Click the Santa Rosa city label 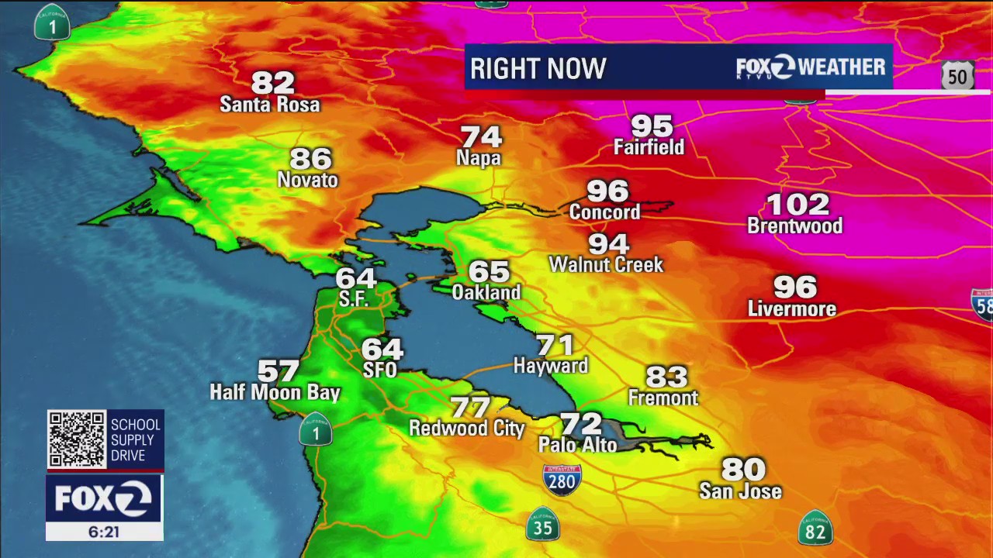(x=269, y=105)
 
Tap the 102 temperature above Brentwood (x=798, y=205)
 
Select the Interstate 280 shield (x=562, y=480)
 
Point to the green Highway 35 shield (x=542, y=525)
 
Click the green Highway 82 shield (x=815, y=529)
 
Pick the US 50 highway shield (x=957, y=76)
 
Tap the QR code (x=77, y=439)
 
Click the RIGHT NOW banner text (x=538, y=69)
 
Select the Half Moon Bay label (x=275, y=393)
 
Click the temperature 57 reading (x=278, y=371)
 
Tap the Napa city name (x=479, y=159)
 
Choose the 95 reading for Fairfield (x=652, y=125)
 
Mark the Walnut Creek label (x=606, y=265)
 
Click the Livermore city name (x=791, y=309)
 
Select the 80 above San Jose (x=743, y=469)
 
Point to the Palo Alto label (x=577, y=445)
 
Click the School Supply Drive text (x=135, y=439)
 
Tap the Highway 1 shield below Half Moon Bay (x=316, y=430)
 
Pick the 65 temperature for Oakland (x=489, y=271)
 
